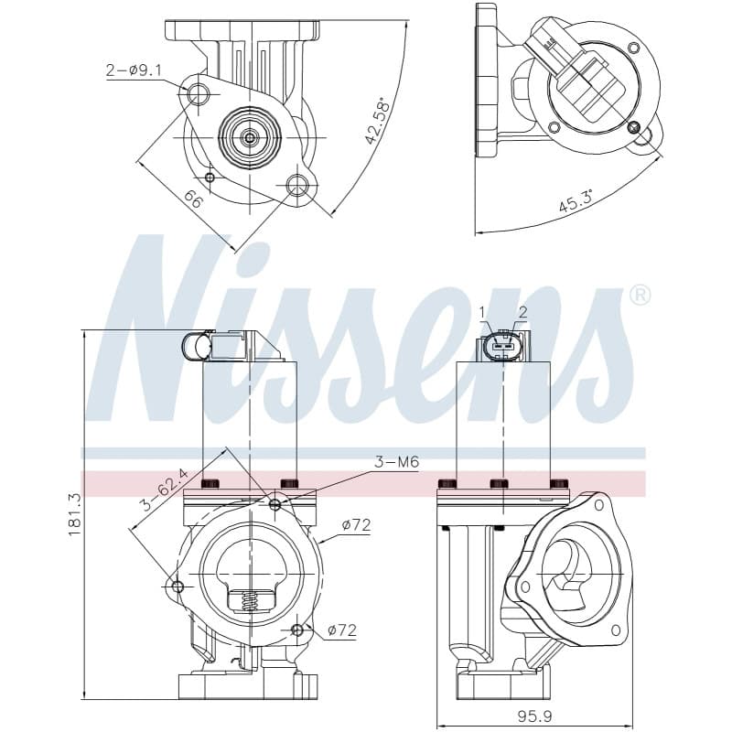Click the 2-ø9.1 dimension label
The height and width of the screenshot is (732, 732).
(x=134, y=70)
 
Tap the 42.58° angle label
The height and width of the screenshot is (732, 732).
(x=377, y=122)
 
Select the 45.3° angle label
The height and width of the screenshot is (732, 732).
(x=576, y=201)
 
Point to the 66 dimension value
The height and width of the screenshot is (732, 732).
(x=193, y=199)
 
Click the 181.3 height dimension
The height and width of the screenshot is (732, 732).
(x=75, y=515)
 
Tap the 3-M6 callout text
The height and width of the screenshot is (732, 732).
(x=396, y=462)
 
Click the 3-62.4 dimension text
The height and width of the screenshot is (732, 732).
(x=165, y=490)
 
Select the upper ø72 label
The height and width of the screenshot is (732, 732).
(x=356, y=525)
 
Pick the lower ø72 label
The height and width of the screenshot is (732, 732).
(x=342, y=630)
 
